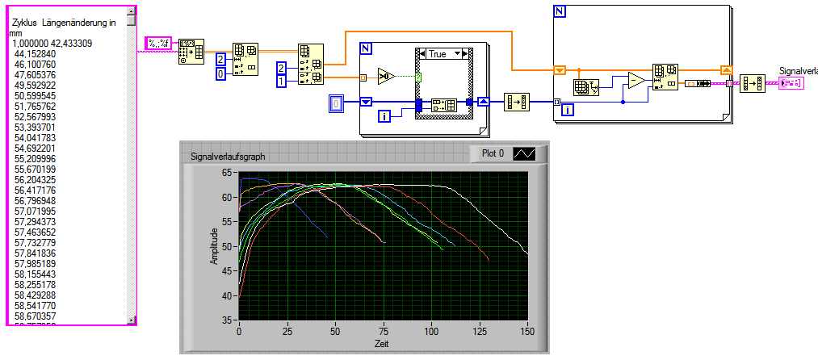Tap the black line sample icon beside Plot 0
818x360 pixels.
[525, 153]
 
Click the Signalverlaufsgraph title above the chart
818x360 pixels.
[227, 157]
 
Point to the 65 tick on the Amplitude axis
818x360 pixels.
[229, 173]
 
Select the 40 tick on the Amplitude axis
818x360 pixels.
[229, 295]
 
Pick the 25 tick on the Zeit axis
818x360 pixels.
[287, 333]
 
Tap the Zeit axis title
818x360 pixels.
[382, 343]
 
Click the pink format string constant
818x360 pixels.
[157, 43]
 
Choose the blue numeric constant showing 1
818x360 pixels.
[282, 82]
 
